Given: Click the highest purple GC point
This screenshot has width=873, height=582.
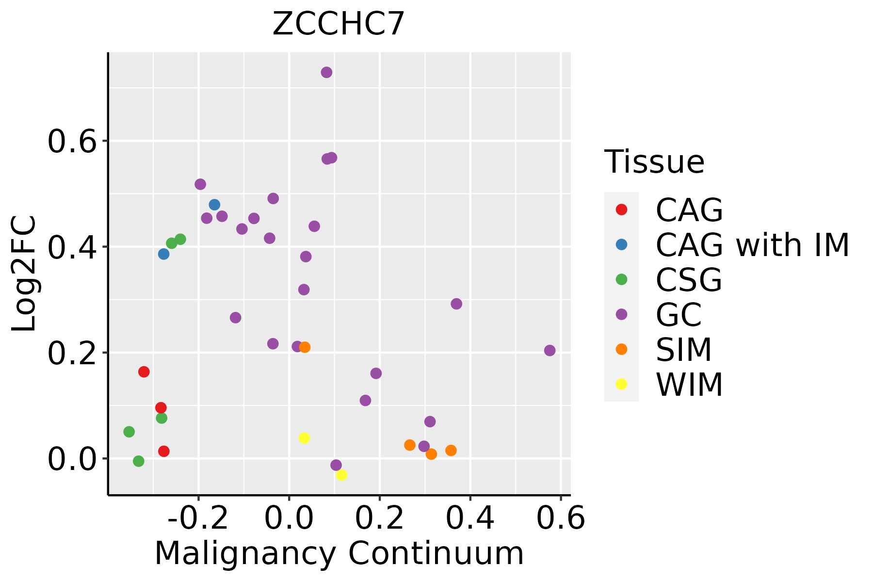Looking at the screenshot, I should coord(326,72).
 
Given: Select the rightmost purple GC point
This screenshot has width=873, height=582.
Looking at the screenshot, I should coord(550,350).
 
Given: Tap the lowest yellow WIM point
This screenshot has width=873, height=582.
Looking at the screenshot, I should coord(341,475).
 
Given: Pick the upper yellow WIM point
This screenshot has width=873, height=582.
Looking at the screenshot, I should coord(304,438).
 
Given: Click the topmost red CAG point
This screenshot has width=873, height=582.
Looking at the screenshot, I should coord(144,372).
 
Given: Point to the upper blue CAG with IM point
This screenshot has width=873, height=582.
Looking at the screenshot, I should coord(214,205).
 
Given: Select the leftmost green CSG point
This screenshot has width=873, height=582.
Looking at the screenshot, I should coord(129,432).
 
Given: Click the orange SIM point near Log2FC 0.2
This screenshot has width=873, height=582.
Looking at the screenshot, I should coord(305,347).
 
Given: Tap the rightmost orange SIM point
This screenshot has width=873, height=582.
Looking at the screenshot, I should coord(451,451).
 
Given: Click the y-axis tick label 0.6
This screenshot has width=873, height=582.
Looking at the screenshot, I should coord(72,142).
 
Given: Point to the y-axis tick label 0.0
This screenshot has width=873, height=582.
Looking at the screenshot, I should coord(72,459).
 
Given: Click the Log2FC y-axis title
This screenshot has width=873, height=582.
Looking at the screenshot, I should coord(24,274).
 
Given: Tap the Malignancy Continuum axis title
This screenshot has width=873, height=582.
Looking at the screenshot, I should coord(339,553).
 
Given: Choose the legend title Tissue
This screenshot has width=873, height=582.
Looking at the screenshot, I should coord(654,162).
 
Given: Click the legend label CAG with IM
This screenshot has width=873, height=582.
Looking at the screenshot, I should coord(752,245).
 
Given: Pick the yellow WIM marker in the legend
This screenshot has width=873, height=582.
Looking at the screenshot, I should coord(621,384).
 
